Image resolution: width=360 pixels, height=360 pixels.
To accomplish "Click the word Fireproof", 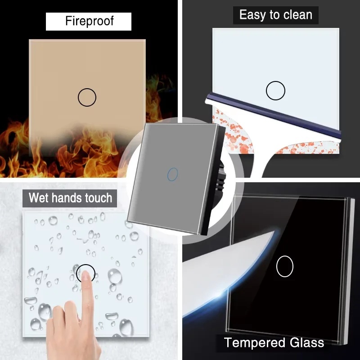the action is [x=89, y=21].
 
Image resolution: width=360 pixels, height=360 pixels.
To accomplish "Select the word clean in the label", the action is [x=298, y=15].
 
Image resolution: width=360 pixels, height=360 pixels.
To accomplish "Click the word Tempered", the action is [x=255, y=343].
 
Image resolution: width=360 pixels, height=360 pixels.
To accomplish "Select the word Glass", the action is [x=307, y=342].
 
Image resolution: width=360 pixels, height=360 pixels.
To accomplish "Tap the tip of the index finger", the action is [x=85, y=273].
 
